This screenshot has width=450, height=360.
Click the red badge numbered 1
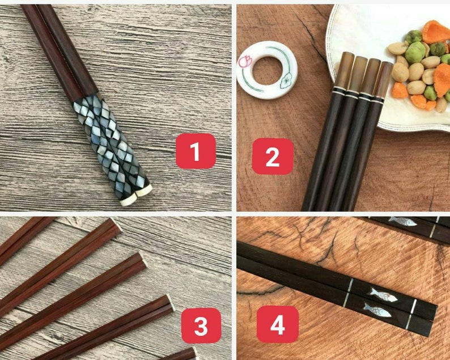[x=196, y=151]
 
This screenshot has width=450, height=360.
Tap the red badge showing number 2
[x=273, y=156]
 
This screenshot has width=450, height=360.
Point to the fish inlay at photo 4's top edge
[x=403, y=221]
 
